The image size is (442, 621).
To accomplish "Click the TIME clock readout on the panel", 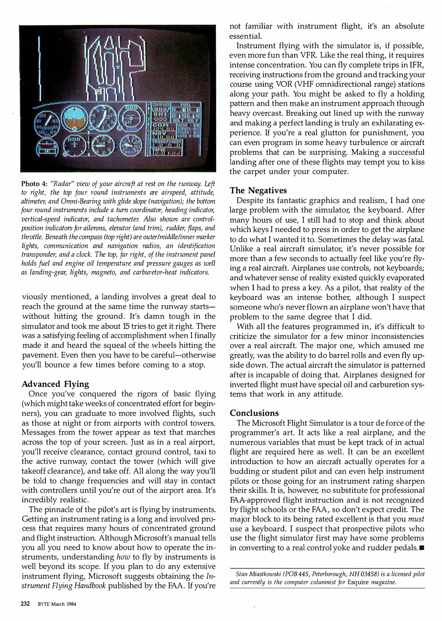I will [164, 151].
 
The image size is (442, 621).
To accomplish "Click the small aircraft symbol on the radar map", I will [119, 67].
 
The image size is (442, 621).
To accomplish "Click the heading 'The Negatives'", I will [258, 191].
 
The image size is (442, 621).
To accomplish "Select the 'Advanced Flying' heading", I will [55, 384].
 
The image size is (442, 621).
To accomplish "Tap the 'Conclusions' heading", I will [254, 413].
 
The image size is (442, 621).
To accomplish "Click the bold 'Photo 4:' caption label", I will [34, 184].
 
